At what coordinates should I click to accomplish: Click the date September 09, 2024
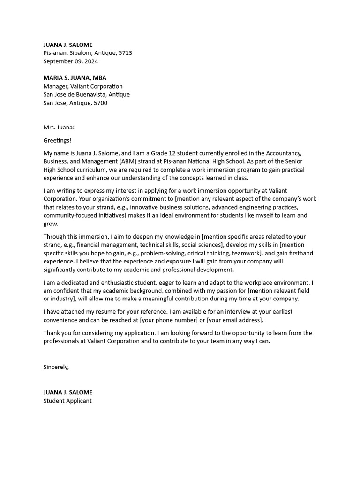(x=71, y=61)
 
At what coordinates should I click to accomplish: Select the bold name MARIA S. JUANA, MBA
(x=75, y=78)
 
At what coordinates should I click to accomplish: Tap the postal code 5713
(x=125, y=53)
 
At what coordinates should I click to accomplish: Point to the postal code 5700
(x=100, y=103)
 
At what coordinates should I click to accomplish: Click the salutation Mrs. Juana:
(x=59, y=127)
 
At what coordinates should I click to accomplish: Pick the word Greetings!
(x=58, y=140)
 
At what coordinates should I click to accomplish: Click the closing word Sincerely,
(x=56, y=367)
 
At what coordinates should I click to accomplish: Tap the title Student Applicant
(x=67, y=401)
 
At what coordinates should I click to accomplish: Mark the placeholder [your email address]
(x=234, y=320)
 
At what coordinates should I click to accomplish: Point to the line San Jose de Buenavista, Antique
(x=87, y=94)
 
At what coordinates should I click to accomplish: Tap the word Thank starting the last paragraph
(x=52, y=333)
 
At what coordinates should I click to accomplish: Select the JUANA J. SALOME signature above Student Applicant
(x=68, y=392)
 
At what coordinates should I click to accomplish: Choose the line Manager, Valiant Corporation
(x=83, y=86)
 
